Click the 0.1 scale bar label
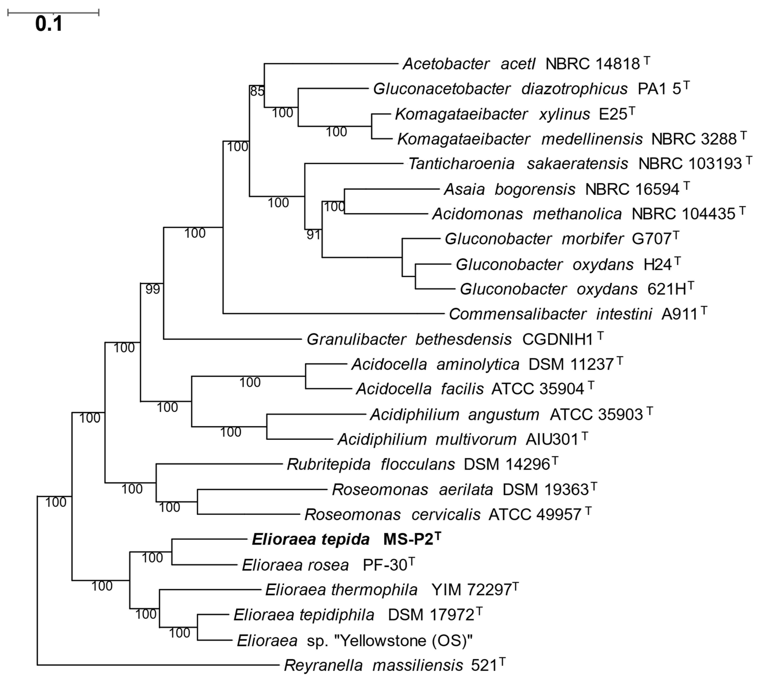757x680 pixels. tap(49, 24)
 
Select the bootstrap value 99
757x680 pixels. tap(153, 289)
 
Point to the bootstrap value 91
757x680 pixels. tap(313, 235)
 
